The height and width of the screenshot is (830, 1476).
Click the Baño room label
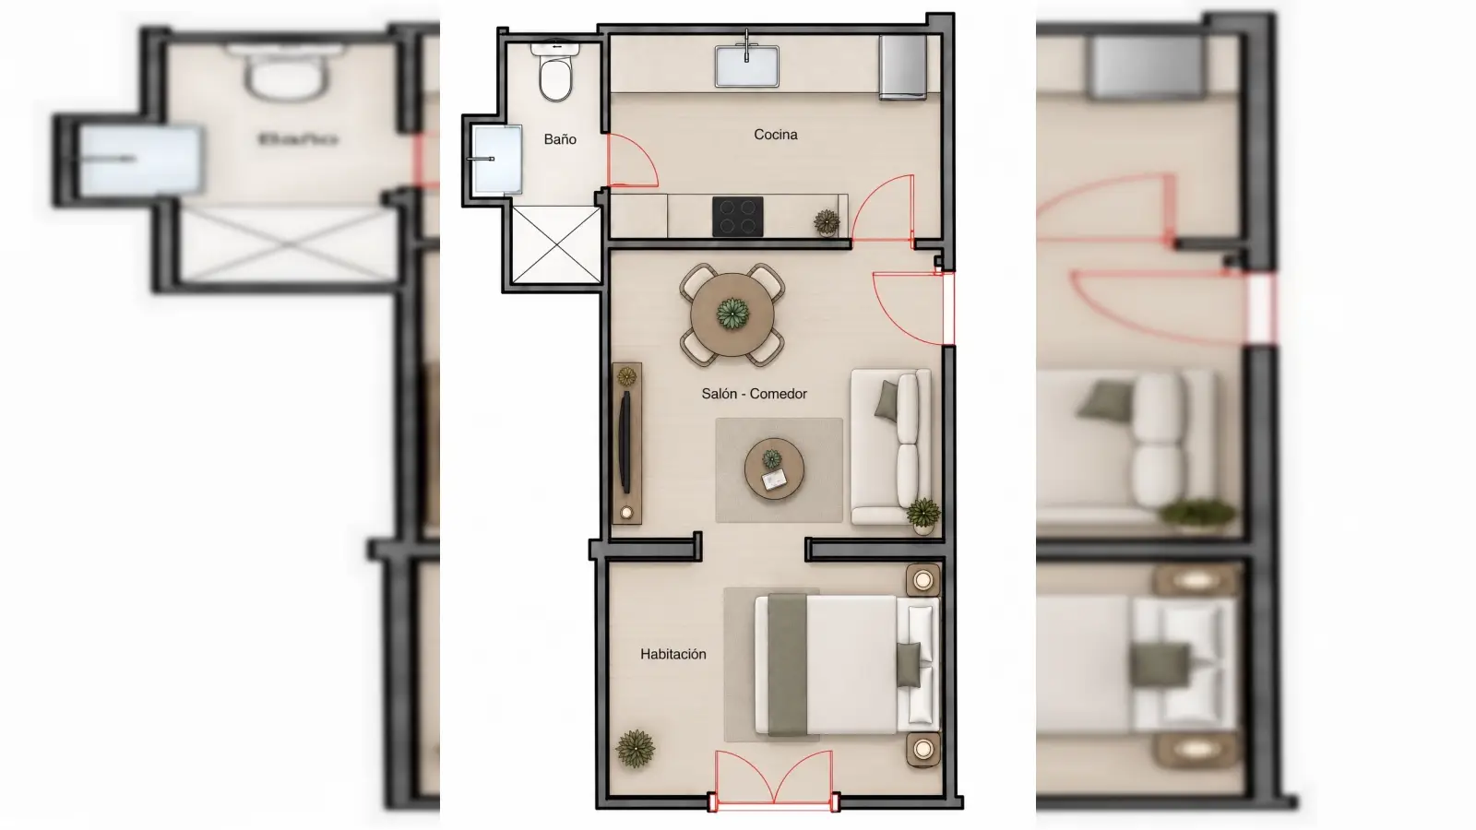tap(560, 139)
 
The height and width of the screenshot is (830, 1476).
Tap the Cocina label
tap(776, 135)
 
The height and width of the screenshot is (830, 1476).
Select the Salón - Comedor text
tap(754, 394)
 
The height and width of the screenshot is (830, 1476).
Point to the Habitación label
tap(673, 654)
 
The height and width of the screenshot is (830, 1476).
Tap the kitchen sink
tap(746, 65)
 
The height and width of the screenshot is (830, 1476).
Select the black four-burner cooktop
tap(737, 216)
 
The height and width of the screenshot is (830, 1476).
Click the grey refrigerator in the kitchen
tap(903, 67)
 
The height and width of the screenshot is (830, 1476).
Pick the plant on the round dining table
tap(732, 313)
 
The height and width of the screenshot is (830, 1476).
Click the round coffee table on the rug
tap(774, 469)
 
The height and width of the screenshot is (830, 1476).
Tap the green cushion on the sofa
tap(887, 401)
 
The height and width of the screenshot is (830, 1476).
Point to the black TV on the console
tap(625, 442)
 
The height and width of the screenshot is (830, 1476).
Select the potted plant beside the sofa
tap(923, 515)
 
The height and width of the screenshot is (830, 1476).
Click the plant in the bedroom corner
tap(636, 748)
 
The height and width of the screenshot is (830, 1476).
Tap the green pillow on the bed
tap(908, 665)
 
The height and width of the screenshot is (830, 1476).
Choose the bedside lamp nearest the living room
tap(923, 580)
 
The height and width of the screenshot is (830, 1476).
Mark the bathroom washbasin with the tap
tap(497, 160)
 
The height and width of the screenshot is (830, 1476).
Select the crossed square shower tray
tap(557, 245)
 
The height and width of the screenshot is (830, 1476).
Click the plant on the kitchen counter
tap(827, 222)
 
